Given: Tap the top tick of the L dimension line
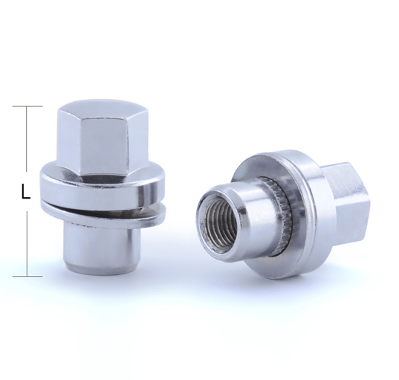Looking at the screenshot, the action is point(27,106).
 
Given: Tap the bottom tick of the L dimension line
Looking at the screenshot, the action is point(27,276).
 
